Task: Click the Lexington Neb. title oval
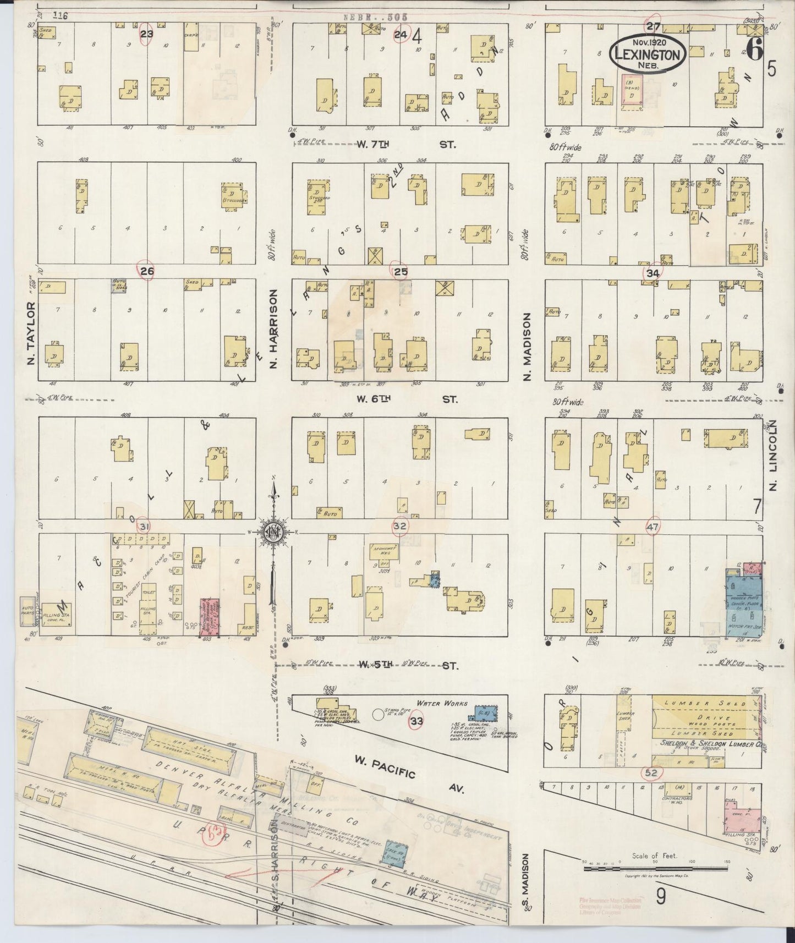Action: [648, 54]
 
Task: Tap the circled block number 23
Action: [146, 33]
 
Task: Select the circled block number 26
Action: [147, 271]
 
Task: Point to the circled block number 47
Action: [653, 527]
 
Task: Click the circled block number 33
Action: [416, 721]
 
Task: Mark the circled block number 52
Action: [652, 773]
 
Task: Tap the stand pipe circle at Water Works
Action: [377, 715]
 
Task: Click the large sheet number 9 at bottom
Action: [661, 897]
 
